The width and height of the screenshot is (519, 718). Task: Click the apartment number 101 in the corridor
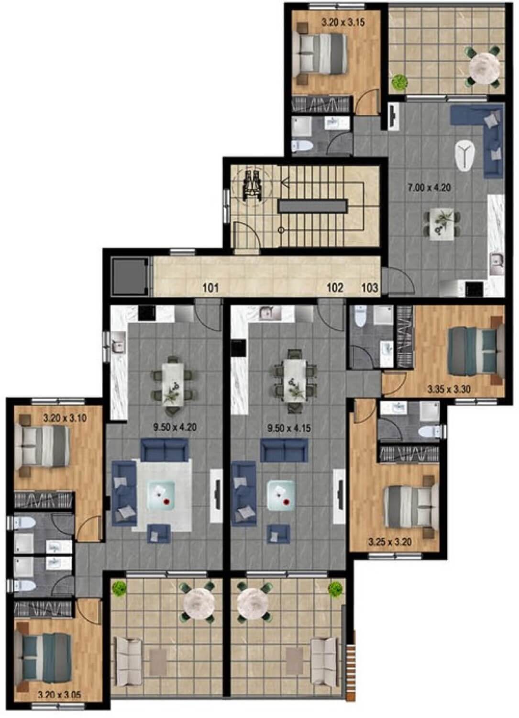click(210, 288)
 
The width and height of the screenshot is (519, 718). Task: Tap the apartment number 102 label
click(335, 288)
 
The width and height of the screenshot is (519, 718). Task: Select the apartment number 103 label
click(370, 288)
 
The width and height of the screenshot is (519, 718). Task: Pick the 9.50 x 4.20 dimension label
click(175, 427)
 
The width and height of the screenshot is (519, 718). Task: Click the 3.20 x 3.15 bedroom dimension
click(343, 22)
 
